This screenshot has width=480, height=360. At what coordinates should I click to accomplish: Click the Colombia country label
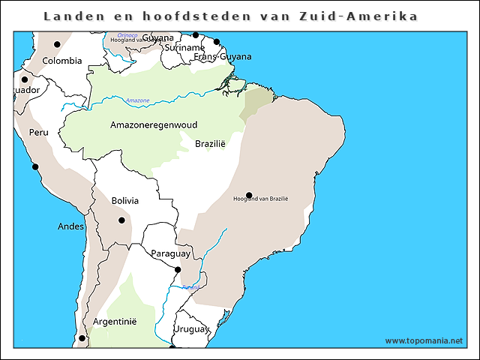pos(61,61)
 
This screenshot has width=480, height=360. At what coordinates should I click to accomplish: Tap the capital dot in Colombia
pos(57,44)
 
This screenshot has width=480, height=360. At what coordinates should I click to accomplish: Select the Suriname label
pos(173,46)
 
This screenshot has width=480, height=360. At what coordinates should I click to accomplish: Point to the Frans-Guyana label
pos(223,56)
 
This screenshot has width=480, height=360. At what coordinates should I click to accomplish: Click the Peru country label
pos(38,132)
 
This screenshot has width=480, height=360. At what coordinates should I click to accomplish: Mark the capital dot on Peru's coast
pos(34,166)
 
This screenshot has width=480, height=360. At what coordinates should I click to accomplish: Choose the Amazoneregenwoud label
pos(154,124)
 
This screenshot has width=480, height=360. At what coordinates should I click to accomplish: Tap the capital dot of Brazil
pos(249,195)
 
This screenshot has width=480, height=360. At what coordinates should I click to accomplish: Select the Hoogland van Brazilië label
pos(261,199)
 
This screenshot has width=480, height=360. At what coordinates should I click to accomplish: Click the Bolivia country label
pos(124,200)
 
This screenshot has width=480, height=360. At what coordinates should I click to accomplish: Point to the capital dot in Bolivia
pos(121,220)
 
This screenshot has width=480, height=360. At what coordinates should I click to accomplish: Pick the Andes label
pos(70,226)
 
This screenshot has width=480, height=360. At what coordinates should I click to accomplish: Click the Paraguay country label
pos(171,253)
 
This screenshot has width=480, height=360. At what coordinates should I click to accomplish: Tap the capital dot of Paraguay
pos(178,270)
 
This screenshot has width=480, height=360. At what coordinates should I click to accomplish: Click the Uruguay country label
pos(190,328)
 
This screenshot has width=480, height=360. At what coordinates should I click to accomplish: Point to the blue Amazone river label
pos(137,100)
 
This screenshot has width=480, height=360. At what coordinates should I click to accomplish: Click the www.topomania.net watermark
pos(424,340)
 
